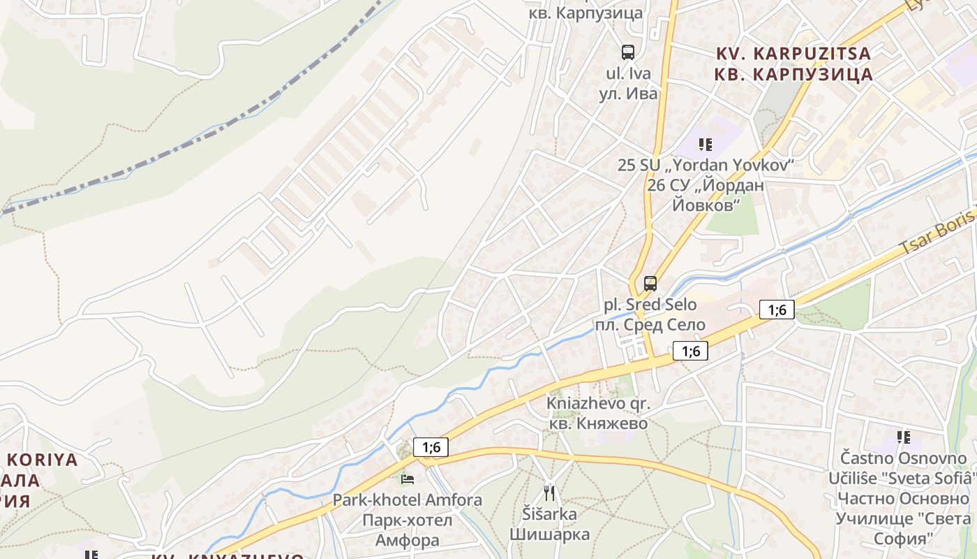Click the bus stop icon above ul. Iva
(628, 52)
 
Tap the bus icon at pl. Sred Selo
(650, 284)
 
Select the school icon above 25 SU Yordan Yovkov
(705, 145)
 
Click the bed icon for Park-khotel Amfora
(408, 479)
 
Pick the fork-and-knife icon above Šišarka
(549, 493)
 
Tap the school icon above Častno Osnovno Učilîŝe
(904, 437)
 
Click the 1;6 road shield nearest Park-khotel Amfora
(431, 447)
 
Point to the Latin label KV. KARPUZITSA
(794, 54)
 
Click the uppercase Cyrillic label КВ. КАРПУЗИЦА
(794, 75)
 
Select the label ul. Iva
(628, 73)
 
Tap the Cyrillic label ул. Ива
(628, 94)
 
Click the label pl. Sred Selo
(650, 305)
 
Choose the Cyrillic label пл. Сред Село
(650, 325)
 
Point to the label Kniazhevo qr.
(598, 404)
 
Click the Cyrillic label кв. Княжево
(598, 423)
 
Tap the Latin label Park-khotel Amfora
(407, 500)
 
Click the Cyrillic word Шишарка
(549, 535)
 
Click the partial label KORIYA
(43, 460)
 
